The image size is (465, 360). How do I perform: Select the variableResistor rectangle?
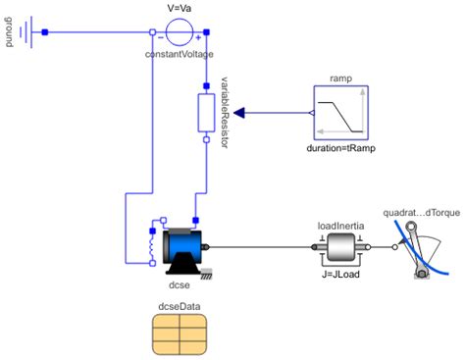206,113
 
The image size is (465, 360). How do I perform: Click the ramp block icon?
342,114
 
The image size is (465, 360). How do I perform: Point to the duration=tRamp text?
342,150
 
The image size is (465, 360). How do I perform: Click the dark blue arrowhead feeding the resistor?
239,114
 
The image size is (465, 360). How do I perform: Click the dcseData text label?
179,307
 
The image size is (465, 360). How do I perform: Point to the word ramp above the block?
341,78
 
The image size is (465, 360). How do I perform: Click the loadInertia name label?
339,224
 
